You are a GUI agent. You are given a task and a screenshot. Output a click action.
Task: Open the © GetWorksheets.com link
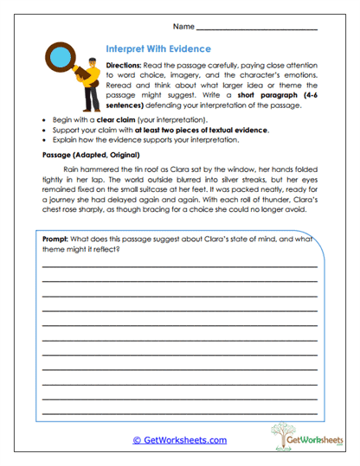point(180,439)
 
